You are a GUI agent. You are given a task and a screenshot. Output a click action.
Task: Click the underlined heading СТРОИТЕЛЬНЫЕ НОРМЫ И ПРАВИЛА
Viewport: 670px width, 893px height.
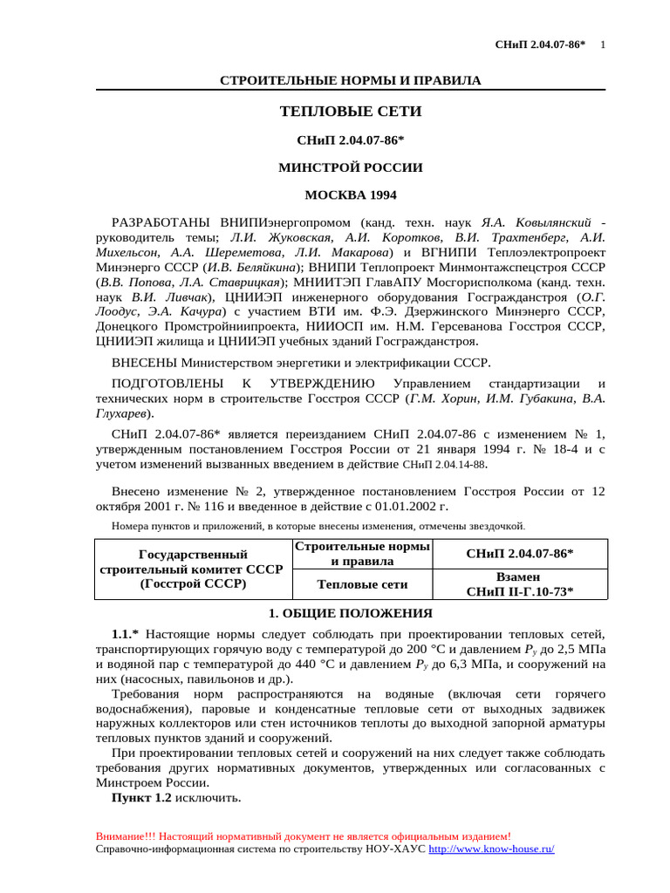(x=350, y=80)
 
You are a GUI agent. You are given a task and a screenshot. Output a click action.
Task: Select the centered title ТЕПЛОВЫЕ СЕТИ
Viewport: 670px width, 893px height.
(x=350, y=112)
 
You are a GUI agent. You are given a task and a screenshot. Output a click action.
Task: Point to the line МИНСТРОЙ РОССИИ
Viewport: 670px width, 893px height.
(x=350, y=167)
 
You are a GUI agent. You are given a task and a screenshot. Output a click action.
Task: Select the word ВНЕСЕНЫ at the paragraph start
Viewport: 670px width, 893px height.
(x=144, y=362)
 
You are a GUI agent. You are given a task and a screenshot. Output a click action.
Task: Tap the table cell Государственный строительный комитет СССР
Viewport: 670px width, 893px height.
(x=193, y=569)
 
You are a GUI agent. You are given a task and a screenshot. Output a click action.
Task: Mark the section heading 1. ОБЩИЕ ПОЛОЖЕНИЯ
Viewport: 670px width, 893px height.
(x=350, y=613)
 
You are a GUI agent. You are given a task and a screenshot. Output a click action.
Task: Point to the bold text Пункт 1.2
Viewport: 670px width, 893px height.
(x=141, y=798)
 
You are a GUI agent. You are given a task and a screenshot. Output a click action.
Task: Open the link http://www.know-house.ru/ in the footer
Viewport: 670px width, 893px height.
(x=491, y=849)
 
